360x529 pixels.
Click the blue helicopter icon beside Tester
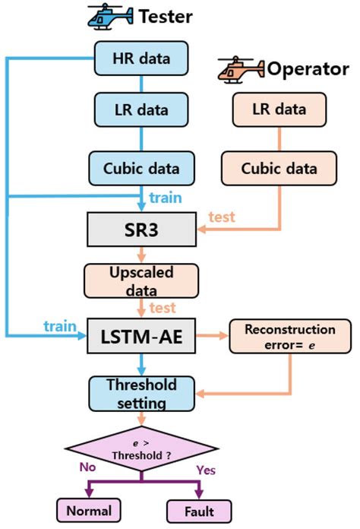coord(109,16)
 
